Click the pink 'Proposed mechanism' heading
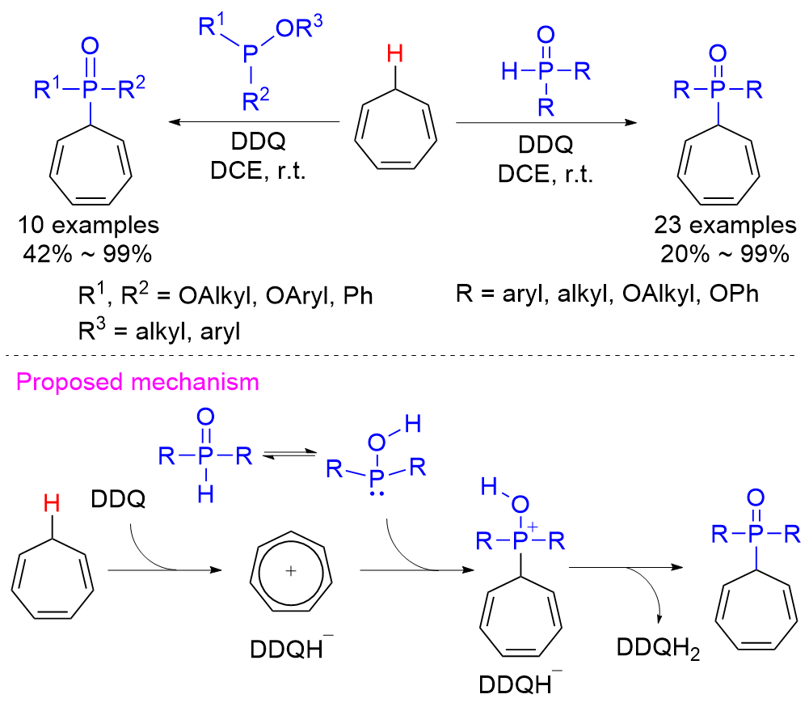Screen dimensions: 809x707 pos(137,383)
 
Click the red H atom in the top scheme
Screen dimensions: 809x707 pos(394,53)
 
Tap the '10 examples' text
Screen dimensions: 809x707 pos(88,225)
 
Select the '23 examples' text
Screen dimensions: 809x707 pos(725,225)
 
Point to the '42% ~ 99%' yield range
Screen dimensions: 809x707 pos(87,254)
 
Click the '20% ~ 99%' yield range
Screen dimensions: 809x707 pos(725,254)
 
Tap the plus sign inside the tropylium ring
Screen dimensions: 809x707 pos(291,570)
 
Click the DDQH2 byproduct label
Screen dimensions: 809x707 pos(659,649)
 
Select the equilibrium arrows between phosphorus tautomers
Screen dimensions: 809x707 pos(289,454)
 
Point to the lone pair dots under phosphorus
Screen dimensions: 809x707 pos(377,494)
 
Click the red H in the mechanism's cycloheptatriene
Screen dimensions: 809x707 pos(52,503)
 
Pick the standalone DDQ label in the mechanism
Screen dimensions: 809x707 pos(118,499)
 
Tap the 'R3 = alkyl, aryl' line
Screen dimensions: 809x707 pos(159,331)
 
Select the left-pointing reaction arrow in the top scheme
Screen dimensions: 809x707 pos(255,122)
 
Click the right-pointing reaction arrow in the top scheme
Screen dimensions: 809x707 pos(546,123)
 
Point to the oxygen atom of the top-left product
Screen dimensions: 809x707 pos(90,46)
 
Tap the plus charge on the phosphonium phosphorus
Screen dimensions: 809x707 pos(533,527)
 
